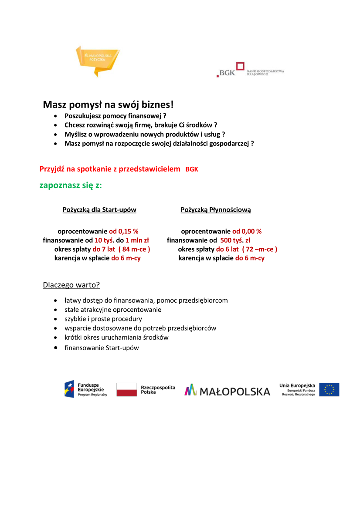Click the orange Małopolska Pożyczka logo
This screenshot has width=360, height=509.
point(97,60)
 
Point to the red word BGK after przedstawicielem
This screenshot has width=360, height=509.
point(192,169)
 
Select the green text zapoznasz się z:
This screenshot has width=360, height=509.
point(71,185)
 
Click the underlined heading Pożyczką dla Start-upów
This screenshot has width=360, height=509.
point(99,210)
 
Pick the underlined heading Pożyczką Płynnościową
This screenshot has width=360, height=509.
point(216,210)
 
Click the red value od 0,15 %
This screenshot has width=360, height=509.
point(124,232)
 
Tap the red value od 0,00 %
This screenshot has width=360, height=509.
point(247,232)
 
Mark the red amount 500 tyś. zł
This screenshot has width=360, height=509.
point(235,240)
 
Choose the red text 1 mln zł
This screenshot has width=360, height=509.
point(137,240)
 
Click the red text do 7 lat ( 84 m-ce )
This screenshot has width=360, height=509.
point(121,249)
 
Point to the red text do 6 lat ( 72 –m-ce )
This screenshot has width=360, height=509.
point(247,249)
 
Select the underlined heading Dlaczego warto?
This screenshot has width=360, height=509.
point(71,285)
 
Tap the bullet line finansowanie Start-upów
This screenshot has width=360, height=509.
point(102,348)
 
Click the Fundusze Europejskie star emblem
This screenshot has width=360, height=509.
point(69,389)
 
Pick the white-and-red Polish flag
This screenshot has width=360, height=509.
point(126,389)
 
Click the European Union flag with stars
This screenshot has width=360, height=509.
point(329,389)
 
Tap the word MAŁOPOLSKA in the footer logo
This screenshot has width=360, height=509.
point(235,391)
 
